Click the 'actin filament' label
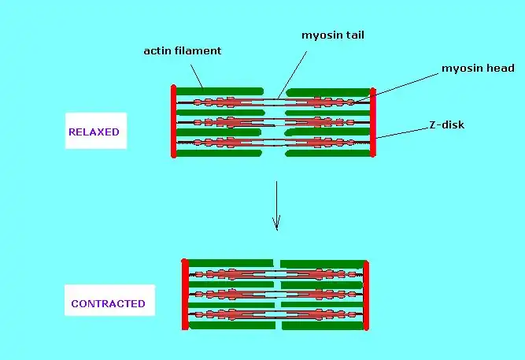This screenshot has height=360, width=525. point(183,51)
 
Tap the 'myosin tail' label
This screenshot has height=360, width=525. point(334,35)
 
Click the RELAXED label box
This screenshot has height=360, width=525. point(94,132)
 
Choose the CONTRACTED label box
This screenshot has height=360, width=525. point(108,303)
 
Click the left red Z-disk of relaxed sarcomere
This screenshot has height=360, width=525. point(172,121)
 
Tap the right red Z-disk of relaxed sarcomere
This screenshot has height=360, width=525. point(373,122)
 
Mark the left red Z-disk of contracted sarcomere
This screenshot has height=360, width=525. point(185,294)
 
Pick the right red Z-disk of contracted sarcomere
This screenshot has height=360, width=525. point(366,294)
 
